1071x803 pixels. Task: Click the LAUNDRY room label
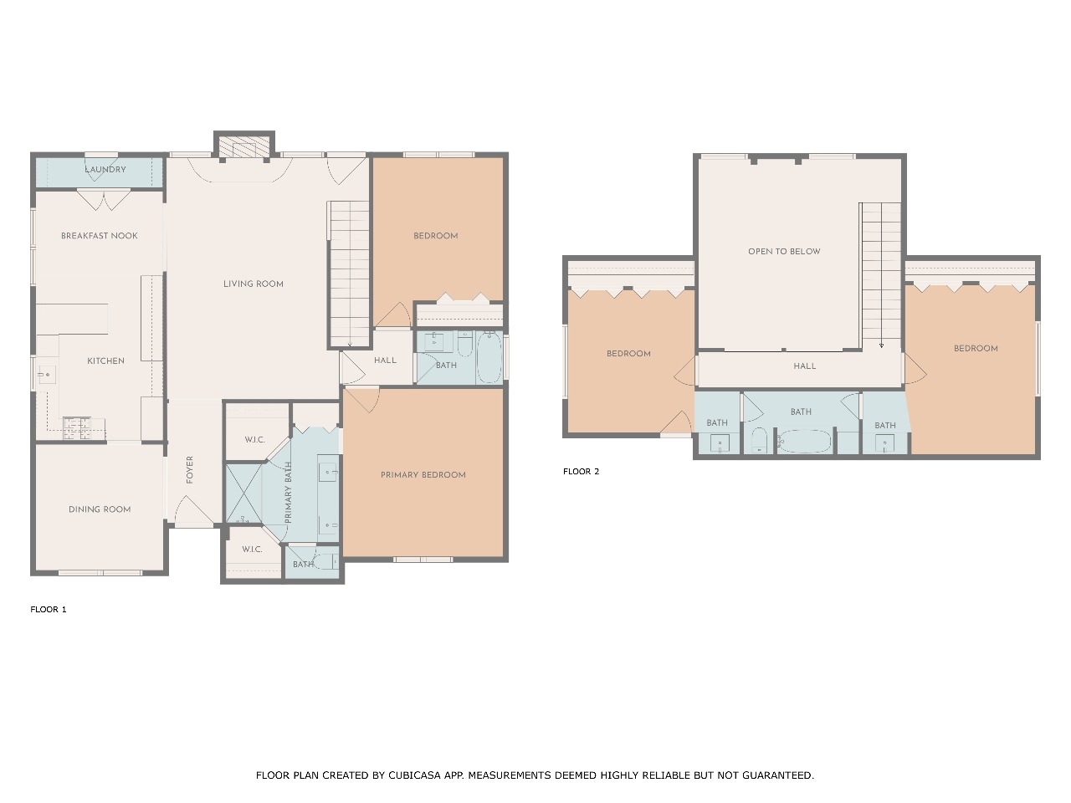[105, 169]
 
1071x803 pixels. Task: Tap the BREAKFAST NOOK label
[100, 236]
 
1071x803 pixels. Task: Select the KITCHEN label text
[106, 361]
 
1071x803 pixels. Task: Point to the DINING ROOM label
[100, 509]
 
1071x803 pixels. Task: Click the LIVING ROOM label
[254, 284]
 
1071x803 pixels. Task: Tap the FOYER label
[190, 469]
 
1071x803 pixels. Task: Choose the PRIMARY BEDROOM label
[423, 475]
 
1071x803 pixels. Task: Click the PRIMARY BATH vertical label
[288, 493]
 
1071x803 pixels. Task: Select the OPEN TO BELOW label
[784, 252]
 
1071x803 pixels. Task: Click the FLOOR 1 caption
[49, 610]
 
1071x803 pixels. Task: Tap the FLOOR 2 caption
[582, 472]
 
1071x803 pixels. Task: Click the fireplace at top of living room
[244, 147]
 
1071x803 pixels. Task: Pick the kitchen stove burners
[77, 428]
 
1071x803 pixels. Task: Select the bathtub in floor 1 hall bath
[489, 357]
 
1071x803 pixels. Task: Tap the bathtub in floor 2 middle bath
[803, 442]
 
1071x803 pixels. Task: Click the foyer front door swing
[194, 511]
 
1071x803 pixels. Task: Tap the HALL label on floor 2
[805, 366]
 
